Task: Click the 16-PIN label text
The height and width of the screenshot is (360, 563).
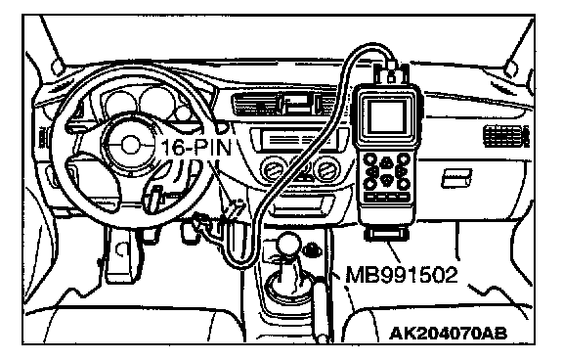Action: coord(196,148)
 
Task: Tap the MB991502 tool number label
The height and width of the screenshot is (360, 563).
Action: coord(402,275)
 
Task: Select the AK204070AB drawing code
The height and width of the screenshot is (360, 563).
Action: coord(448,334)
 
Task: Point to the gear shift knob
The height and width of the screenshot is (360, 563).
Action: coord(288,245)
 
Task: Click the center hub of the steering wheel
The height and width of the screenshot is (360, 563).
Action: coord(129,145)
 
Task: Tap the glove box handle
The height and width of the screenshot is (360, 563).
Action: coord(456,178)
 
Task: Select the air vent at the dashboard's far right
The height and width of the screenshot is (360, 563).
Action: coord(506,137)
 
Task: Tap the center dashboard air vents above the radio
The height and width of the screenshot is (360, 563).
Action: coord(283,104)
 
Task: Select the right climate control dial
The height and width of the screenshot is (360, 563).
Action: coord(326,169)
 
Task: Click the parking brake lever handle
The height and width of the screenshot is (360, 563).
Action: coord(322,309)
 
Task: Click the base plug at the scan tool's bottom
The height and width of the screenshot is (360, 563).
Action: coord(386,234)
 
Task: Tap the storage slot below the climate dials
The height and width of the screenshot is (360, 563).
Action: coord(303,205)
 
